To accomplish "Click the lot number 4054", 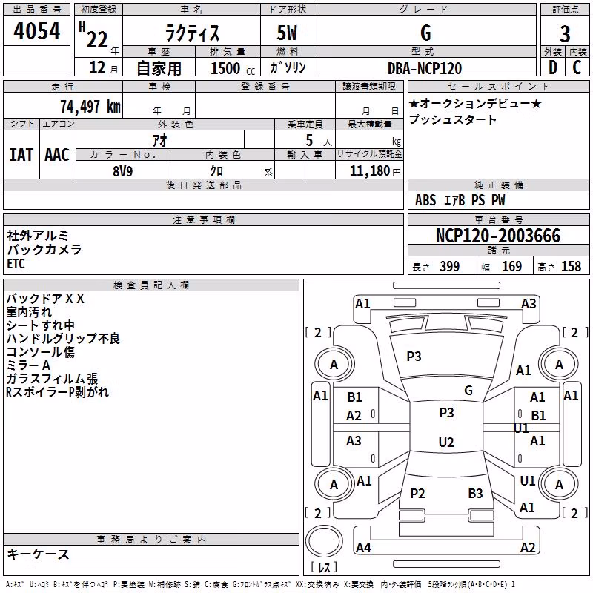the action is coord(36,31).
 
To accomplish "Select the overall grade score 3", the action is coord(565,33).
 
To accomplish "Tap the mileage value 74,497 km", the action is coord(90,107).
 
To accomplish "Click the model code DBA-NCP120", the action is coord(425,68).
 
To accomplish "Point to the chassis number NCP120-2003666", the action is coord(498,236).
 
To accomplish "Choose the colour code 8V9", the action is coord(123,171).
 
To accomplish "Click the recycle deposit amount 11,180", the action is coord(369,171).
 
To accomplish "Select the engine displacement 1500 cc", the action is coord(233,68).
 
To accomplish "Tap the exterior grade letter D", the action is coord(553,67).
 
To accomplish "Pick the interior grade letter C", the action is coord(577,67).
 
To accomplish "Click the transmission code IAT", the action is coord(21,155).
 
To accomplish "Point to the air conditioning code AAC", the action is coord(57,155).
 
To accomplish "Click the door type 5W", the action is coord(287,33).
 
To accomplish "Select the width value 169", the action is coord(511,266).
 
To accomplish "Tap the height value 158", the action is coord(571,266).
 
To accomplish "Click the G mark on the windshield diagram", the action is coord(468,391).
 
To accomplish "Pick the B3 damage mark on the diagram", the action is coord(475,493).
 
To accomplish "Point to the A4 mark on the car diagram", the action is coord(363,547).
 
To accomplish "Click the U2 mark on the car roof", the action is coord(446,442).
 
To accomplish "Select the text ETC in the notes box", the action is coord(16,264).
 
